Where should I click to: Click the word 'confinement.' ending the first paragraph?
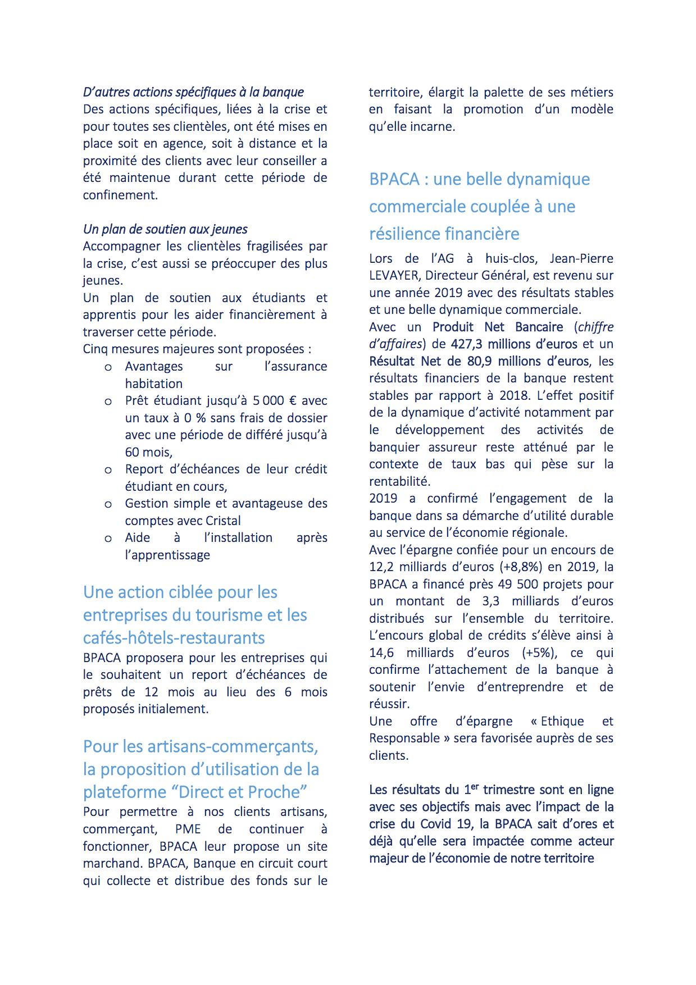pyautogui.click(x=120, y=195)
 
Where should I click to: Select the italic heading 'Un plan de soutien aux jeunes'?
pyautogui.click(x=165, y=229)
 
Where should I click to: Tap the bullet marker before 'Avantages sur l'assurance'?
pyautogui.click(x=108, y=368)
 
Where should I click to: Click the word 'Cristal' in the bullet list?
pyautogui.click(x=223, y=521)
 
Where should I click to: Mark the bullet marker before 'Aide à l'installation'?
pyautogui.click(x=108, y=539)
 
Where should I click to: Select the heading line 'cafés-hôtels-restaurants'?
pyautogui.click(x=174, y=638)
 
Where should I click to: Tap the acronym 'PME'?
pyautogui.click(x=188, y=829)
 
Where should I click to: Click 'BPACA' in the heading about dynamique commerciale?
pyautogui.click(x=394, y=179)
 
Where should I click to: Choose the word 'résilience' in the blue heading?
pyautogui.click(x=404, y=234)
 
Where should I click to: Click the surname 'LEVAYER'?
pyautogui.click(x=394, y=276)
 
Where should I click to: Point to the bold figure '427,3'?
pyautogui.click(x=467, y=344)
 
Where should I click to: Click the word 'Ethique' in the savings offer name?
pyautogui.click(x=562, y=721)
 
